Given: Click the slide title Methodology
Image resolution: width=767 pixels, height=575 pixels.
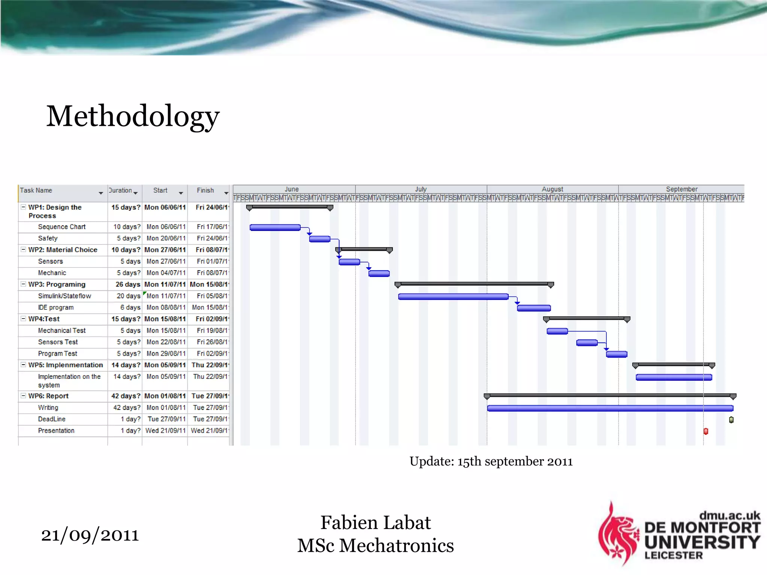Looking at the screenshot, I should coord(133,116).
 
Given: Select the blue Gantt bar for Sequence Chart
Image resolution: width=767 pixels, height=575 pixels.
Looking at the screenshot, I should coord(275,227).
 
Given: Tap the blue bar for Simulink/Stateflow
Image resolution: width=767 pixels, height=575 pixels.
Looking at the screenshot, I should coord(453,296).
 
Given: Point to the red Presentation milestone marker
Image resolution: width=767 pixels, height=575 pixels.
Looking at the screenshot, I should coord(706,431).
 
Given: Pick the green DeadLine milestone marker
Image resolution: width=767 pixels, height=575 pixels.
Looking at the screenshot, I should coord(731,420).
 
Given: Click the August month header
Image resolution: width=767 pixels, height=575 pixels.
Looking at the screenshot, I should coord(552,189).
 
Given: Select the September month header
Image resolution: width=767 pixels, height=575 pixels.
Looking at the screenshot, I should coord(681,189).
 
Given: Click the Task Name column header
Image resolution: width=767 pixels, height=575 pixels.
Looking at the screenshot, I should coord(36,191).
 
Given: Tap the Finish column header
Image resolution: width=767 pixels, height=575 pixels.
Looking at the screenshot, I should coord(205,191).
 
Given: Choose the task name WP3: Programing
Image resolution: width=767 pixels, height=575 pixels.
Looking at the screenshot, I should coord(57,285).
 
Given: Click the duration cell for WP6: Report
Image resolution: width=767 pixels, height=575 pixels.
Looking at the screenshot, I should coord(125,396).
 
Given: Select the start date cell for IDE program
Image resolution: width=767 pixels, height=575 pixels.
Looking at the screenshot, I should coord(166,307).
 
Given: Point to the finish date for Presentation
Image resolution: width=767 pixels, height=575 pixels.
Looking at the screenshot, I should coord(209,431).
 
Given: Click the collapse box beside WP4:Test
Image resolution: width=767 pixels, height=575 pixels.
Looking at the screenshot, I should coord(23,319).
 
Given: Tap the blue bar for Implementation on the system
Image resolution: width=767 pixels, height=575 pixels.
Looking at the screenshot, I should coord(673,377).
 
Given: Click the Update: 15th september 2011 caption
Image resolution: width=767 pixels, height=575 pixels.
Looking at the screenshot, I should coord(491,461).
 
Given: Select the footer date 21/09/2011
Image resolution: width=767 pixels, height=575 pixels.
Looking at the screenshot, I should coord(90,535).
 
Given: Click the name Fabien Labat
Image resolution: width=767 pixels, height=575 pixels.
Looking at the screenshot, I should coord(375,523).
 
